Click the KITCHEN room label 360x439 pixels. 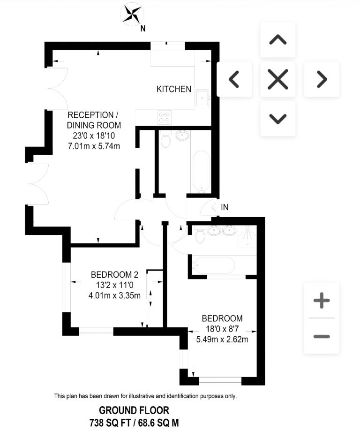tap(174, 89)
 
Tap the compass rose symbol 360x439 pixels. tap(132, 14)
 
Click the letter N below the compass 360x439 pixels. tap(143, 28)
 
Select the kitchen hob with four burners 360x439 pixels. tap(164, 117)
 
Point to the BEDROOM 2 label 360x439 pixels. tap(115, 275)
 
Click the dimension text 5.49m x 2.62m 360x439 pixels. tap(222, 340)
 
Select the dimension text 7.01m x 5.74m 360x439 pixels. tap(94, 146)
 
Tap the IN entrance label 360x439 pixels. tap(225, 207)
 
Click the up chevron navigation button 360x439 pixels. tap(278, 40)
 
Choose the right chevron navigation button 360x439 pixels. tap(322, 80)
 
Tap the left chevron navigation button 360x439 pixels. tap(234, 80)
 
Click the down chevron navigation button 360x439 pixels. tap(278, 119)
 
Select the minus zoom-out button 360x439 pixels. tap(322, 336)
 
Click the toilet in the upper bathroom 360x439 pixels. tap(166, 141)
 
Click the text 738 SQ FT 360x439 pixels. tap(110, 423)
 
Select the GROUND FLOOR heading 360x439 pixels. tap(134, 410)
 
